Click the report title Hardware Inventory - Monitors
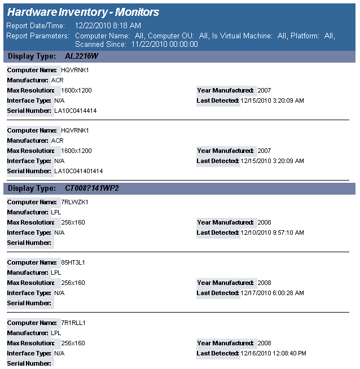click(x=83, y=12)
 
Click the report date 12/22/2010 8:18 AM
click(x=108, y=25)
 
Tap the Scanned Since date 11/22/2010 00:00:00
click(x=164, y=44)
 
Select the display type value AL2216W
click(x=81, y=56)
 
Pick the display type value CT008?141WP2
click(x=92, y=188)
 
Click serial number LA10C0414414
click(x=75, y=111)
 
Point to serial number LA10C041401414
click(x=78, y=171)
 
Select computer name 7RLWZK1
click(x=74, y=202)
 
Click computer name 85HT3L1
click(x=73, y=262)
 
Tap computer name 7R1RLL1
click(x=73, y=323)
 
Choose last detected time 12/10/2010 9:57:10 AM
click(x=272, y=232)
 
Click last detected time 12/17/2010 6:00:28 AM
click(x=272, y=293)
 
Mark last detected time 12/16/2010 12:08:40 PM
click(x=273, y=353)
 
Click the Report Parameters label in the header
click(x=37, y=36)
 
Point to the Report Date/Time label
click(x=34, y=25)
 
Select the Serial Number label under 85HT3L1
click(x=29, y=303)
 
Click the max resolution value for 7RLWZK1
click(x=73, y=222)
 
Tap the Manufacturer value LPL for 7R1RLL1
click(x=56, y=333)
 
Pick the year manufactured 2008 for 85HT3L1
click(x=264, y=283)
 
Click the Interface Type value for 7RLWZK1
click(x=59, y=232)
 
